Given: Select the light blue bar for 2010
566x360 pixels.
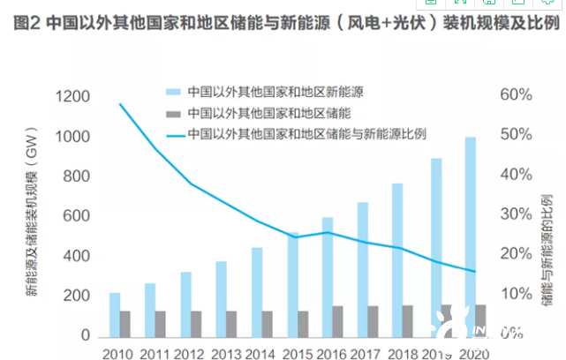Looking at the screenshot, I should click(x=115, y=314).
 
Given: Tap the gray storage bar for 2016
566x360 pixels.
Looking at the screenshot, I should click(x=338, y=321).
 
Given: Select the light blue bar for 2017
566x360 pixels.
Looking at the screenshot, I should click(x=363, y=269).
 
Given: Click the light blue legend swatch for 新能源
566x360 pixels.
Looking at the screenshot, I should click(x=172, y=92).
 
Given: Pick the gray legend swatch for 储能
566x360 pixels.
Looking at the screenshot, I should click(x=172, y=114).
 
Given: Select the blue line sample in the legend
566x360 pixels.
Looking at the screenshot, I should click(x=175, y=135).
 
